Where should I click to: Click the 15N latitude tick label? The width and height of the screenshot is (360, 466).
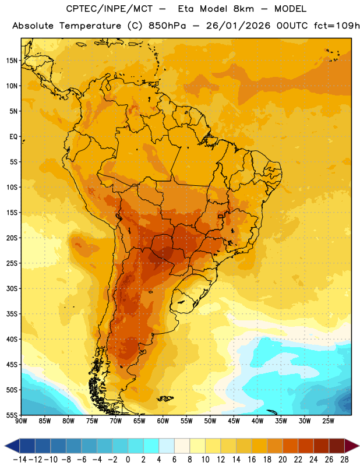tap(12, 61)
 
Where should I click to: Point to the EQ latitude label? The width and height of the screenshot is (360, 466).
tap(13, 137)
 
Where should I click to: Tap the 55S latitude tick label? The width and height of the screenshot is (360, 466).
tap(12, 415)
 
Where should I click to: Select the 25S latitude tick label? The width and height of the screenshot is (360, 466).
tap(12, 263)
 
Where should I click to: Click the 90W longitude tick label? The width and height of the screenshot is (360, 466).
tap(22, 421)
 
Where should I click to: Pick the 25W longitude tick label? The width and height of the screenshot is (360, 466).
tap(328, 421)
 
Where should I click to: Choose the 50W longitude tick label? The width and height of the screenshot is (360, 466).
tap(210, 421)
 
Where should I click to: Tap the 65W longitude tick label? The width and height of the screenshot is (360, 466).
tap(139, 421)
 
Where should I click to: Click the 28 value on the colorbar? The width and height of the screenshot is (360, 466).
tap(344, 460)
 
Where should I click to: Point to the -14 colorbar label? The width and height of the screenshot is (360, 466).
tap(20, 460)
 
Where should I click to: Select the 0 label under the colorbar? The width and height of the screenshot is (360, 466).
tap(128, 460)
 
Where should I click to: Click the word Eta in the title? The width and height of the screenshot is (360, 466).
tap(185, 9)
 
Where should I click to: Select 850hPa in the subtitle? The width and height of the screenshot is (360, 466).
tap(167, 26)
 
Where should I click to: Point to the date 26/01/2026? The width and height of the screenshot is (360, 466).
tap(238, 26)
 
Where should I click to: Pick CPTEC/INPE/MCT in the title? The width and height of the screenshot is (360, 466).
tap(110, 9)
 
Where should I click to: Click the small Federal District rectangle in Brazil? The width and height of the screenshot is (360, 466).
tap(221, 216)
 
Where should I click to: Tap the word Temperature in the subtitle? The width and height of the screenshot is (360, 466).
tap(90, 26)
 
